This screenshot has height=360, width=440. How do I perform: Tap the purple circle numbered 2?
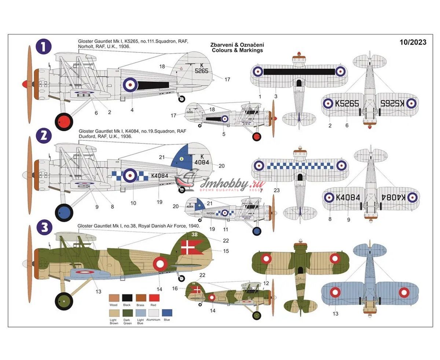point(44,136)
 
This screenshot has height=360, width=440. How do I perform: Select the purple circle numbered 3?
point(44,228)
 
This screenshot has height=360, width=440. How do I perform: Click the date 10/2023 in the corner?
point(413,42)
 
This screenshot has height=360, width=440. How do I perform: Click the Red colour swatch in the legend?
point(154,298)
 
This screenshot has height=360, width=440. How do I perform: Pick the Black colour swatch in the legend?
point(127,298)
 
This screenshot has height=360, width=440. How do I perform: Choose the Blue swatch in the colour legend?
point(167,313)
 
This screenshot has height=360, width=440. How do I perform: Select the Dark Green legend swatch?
point(127,313)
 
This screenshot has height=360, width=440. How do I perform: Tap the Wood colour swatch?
point(114,298)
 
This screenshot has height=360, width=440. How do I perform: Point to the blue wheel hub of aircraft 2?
point(64,211)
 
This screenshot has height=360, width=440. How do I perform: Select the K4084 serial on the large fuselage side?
point(159,176)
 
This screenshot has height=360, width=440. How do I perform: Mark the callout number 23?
point(276,190)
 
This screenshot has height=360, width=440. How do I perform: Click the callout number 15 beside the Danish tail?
point(226,251)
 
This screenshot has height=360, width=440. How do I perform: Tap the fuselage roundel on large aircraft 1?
point(130,85)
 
